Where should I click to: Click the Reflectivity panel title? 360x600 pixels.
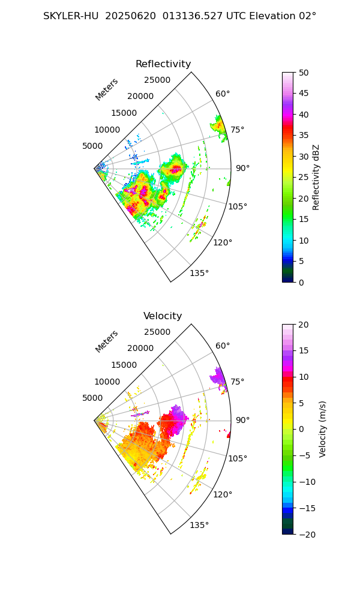(163, 64)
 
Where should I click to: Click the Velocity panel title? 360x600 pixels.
(163, 316)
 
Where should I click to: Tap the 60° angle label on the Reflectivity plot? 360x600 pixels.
(223, 94)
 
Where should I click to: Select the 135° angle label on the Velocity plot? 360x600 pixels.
(199, 526)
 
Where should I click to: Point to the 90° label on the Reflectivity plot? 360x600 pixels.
(242, 168)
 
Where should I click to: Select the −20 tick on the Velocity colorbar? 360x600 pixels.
(304, 534)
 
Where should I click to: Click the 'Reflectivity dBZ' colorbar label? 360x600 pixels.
(316, 177)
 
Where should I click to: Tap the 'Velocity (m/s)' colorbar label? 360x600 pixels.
(323, 429)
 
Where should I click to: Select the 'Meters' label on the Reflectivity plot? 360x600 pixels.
(107, 89)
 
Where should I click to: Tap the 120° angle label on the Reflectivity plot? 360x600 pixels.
(223, 242)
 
